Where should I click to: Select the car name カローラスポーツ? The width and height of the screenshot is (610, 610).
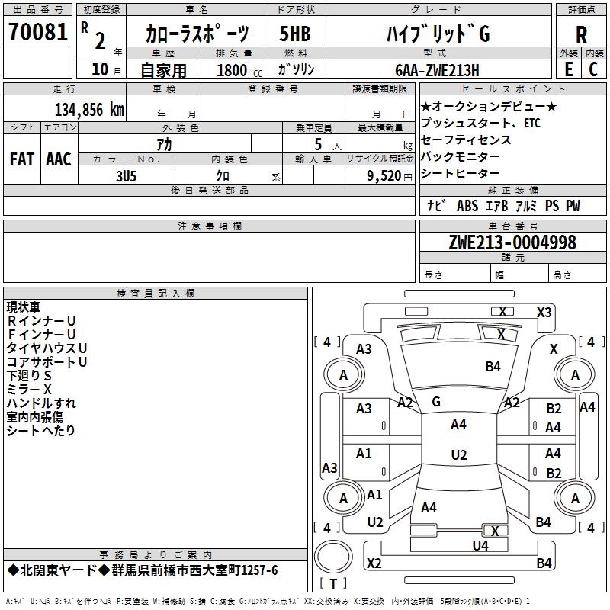pyautogui.click(x=197, y=34)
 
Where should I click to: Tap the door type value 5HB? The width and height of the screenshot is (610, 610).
pyautogui.click(x=295, y=34)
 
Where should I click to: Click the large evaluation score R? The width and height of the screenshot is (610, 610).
pyautogui.click(x=581, y=34)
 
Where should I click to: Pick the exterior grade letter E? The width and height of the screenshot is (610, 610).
pyautogui.click(x=568, y=69)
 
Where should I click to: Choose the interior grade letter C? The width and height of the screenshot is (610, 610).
pyautogui.click(x=594, y=69)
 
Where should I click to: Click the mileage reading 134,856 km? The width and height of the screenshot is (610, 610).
pyautogui.click(x=89, y=109)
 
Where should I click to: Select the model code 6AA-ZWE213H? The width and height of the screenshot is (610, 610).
pyautogui.click(x=438, y=70)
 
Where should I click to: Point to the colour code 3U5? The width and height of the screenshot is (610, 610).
pyautogui.click(x=124, y=175)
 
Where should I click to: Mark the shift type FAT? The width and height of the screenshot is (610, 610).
pyautogui.click(x=21, y=159)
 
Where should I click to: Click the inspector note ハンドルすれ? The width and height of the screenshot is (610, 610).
pyautogui.click(x=41, y=403)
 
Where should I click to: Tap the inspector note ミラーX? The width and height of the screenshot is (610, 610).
pyautogui.click(x=29, y=389)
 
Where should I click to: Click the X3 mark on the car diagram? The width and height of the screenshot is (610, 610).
pyautogui.click(x=544, y=312)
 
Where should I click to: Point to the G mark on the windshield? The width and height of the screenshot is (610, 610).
pyautogui.click(x=436, y=401)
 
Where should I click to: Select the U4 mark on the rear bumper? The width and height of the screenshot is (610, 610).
pyautogui.click(x=480, y=545)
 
